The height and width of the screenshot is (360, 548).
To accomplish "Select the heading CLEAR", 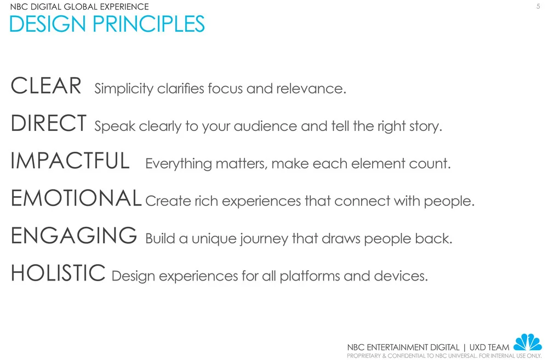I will point(46,86).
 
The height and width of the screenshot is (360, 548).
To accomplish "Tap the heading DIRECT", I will point(48,124).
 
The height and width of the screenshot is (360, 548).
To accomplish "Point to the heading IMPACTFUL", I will point(70,161).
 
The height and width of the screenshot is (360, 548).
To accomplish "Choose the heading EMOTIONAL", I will point(76,198).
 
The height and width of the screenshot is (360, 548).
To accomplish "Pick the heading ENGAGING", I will point(73,236).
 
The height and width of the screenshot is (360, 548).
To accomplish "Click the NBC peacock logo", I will point(527,343).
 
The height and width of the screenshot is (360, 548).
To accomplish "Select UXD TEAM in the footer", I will point(489,347).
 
